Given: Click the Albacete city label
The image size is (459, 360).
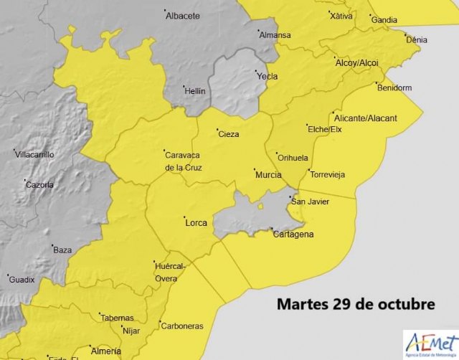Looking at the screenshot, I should [183, 15].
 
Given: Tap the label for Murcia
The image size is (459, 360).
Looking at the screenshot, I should [268, 174].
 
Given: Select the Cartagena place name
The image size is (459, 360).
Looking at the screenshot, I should [293, 235].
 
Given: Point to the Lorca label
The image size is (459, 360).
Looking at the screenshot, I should [196, 222].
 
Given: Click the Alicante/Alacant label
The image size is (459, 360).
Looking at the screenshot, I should [366, 118].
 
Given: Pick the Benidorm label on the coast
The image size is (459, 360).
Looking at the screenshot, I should [397, 87].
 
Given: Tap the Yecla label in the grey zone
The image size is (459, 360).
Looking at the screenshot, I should [268, 75].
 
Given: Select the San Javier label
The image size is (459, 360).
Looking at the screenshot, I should [310, 202].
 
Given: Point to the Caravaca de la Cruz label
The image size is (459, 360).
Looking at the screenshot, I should [183, 161].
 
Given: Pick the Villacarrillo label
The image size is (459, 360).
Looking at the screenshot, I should [34, 154].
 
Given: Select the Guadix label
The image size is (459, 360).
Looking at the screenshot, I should [22, 279].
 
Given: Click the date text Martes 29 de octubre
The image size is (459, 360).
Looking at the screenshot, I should [356, 303].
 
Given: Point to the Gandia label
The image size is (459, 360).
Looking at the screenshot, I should [384, 19].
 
